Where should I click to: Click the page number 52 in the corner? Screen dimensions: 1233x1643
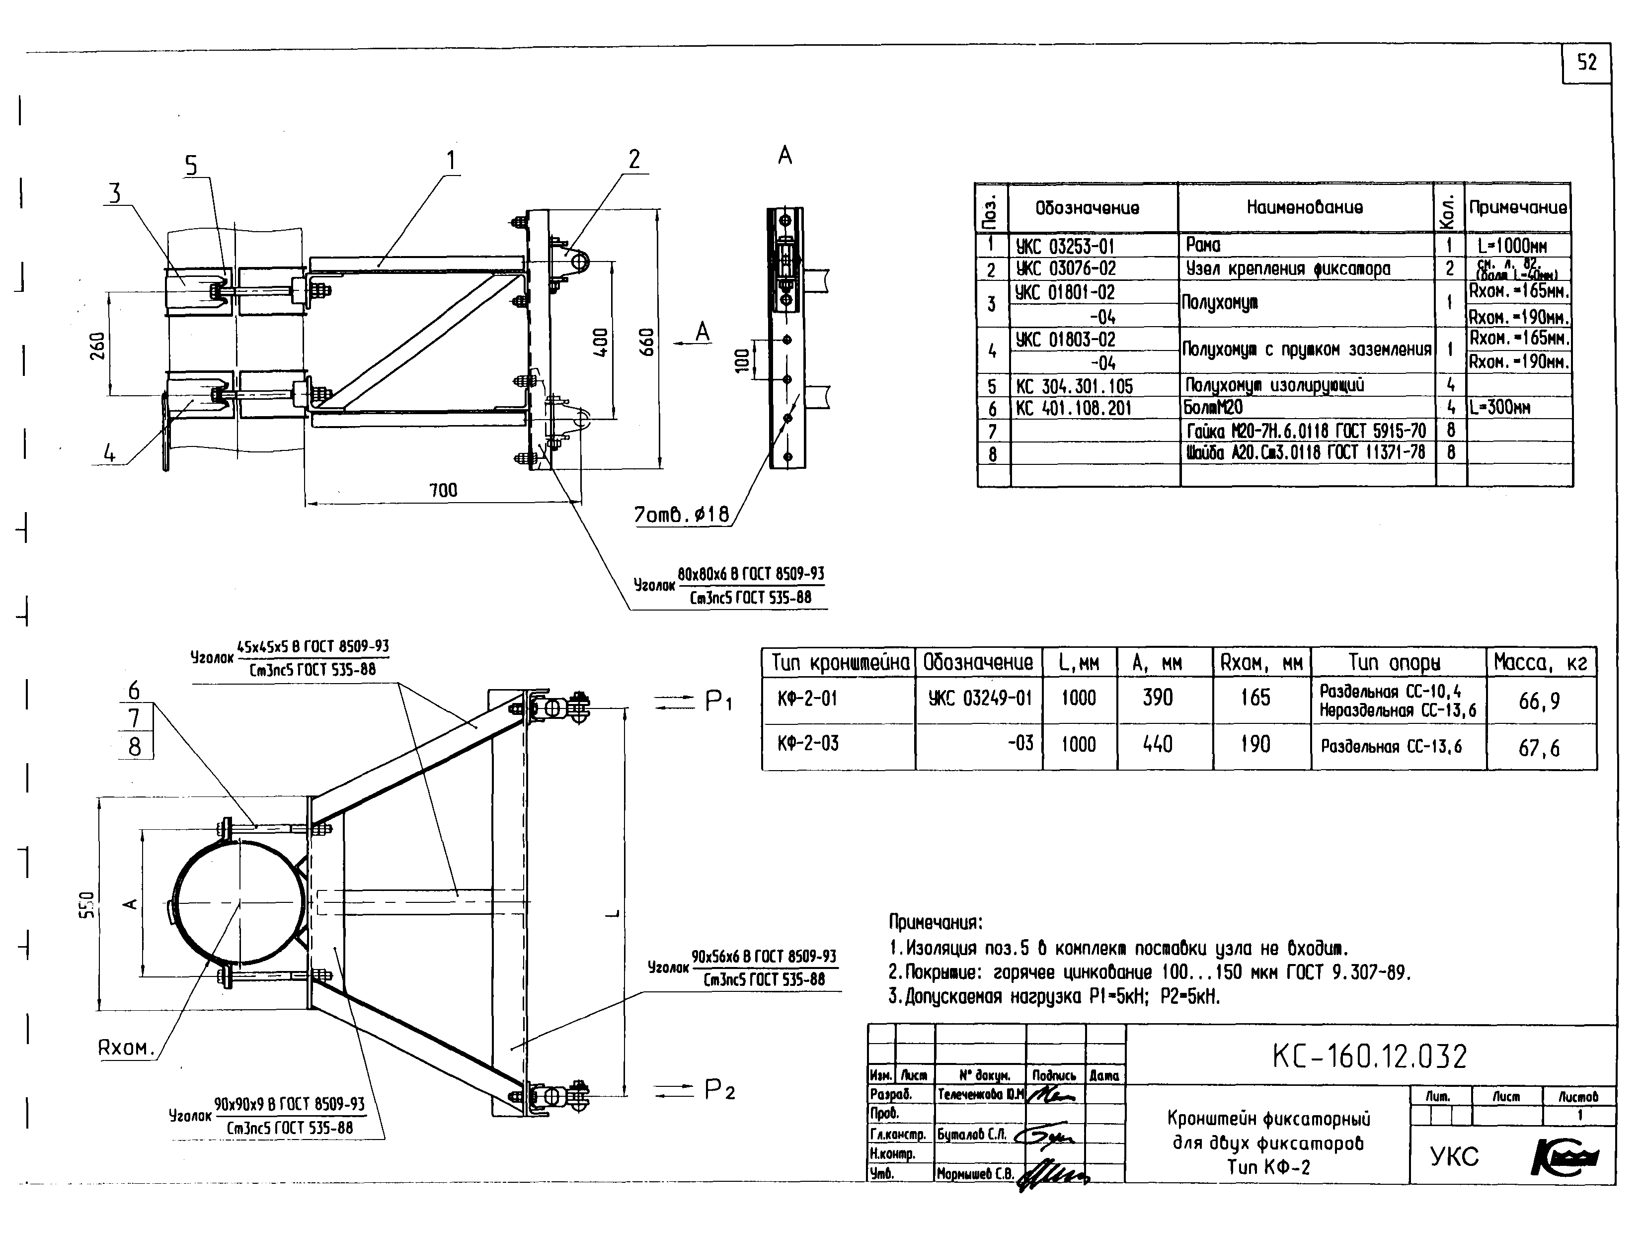coord(1586,63)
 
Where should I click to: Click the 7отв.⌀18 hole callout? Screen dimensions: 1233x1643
coord(681,514)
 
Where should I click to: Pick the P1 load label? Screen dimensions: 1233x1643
coord(717,701)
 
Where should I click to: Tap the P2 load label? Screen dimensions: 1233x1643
coord(719,1090)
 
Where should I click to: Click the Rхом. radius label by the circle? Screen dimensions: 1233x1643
coord(126,1048)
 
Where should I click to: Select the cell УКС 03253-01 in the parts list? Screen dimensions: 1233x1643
coord(1065,246)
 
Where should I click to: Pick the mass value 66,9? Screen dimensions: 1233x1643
coord(1539,701)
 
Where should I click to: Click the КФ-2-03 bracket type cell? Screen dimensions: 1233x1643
coord(808,743)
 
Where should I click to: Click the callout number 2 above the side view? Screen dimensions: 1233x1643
coord(633,159)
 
